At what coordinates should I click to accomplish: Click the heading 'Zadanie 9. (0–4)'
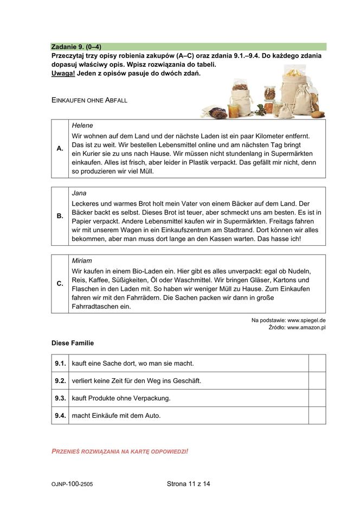(x=76, y=47)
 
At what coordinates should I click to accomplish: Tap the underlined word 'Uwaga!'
(x=63, y=73)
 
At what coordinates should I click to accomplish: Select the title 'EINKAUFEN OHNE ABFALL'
(x=89, y=100)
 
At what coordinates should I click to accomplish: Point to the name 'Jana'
(x=79, y=193)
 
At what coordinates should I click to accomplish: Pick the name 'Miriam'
(x=82, y=260)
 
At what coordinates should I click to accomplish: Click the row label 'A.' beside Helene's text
(x=60, y=148)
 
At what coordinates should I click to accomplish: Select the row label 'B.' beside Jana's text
(x=60, y=216)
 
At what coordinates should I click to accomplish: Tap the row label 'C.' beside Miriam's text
(x=60, y=284)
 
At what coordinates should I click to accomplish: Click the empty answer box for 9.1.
(x=317, y=363)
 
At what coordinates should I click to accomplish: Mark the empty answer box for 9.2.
(x=317, y=380)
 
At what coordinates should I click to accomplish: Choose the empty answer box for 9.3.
(x=317, y=398)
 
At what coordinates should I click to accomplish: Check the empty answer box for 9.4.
(x=317, y=415)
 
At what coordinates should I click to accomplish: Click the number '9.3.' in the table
(x=60, y=398)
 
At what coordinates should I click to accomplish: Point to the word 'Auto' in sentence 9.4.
(x=151, y=416)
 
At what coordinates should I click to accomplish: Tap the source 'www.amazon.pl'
(x=306, y=328)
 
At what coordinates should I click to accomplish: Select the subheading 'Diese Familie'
(x=73, y=343)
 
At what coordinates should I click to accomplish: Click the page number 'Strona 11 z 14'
(x=188, y=484)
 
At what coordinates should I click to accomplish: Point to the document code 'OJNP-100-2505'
(x=72, y=485)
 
